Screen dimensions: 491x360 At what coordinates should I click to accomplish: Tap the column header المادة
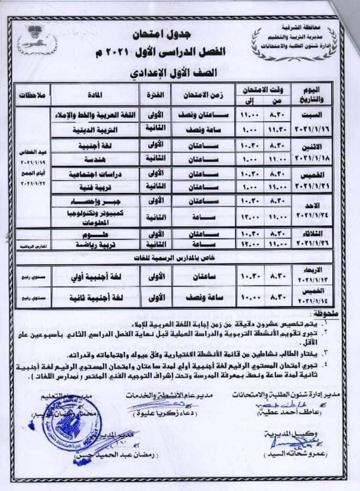click(95, 95)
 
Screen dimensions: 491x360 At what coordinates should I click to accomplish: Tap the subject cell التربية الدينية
click(95, 130)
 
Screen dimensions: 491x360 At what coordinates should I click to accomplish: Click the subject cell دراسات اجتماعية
click(95, 174)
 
